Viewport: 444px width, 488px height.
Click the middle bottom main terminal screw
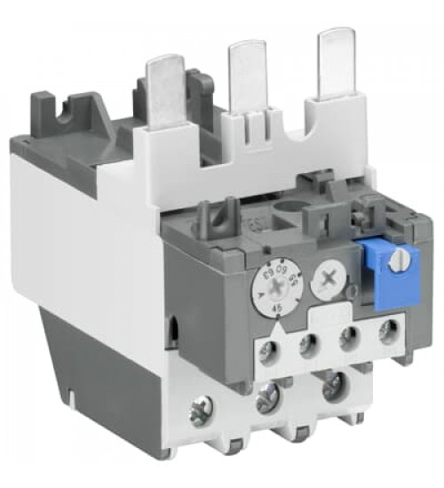click(265, 403)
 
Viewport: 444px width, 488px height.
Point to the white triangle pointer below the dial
click(281, 325)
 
